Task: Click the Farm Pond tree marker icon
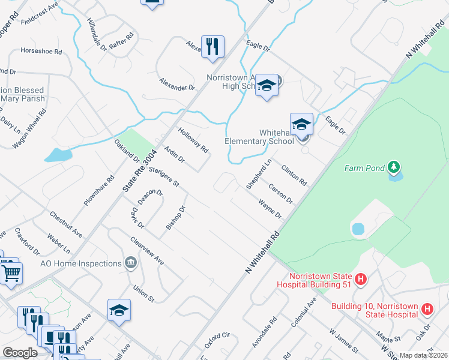click(x=394, y=166)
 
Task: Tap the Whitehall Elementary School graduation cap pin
click(x=301, y=124)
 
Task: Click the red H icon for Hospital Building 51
click(x=360, y=279)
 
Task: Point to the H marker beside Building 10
click(x=427, y=310)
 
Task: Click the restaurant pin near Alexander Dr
click(x=212, y=46)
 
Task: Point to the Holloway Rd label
click(x=193, y=140)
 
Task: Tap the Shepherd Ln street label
click(x=259, y=175)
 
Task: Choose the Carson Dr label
click(x=280, y=193)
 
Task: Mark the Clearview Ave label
click(x=147, y=251)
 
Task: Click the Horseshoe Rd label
click(x=41, y=52)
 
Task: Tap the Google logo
click(x=20, y=353)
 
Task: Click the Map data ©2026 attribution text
click(x=423, y=355)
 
